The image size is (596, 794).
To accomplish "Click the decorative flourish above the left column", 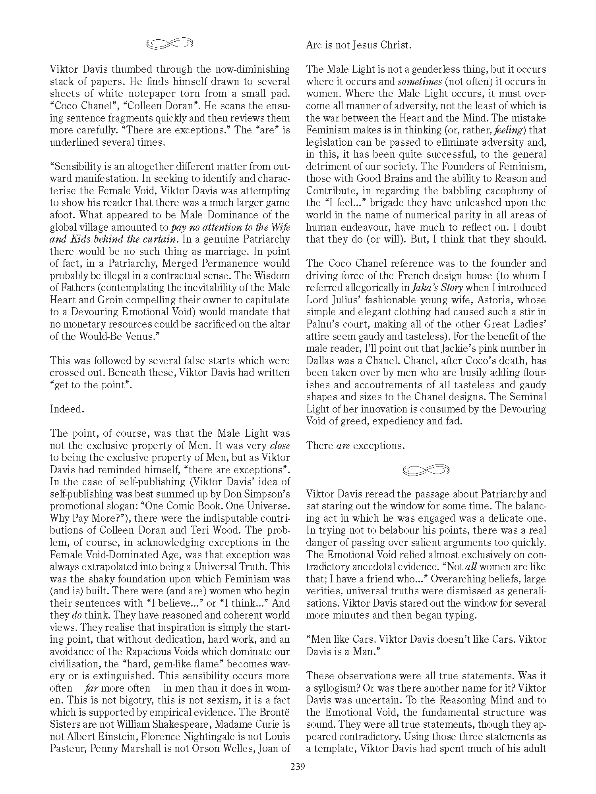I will tap(170, 44).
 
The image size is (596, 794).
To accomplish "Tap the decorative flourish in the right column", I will tap(426, 470).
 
